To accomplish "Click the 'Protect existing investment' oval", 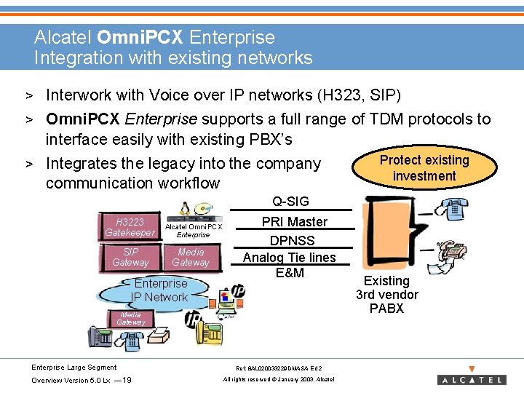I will [424, 168].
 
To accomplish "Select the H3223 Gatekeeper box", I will [130, 227].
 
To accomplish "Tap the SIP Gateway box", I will [130, 257].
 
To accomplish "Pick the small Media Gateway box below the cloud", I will [131, 318].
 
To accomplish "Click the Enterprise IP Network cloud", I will [160, 290].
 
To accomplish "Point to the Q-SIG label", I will [290, 202].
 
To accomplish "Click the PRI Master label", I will [294, 222].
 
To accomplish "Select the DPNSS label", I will [292, 240].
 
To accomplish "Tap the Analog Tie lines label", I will [289, 257].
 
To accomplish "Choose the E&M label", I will [290, 273].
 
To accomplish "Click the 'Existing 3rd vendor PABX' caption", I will [386, 294].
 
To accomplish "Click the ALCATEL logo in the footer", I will [472, 379].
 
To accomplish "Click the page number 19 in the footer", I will [127, 380].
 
